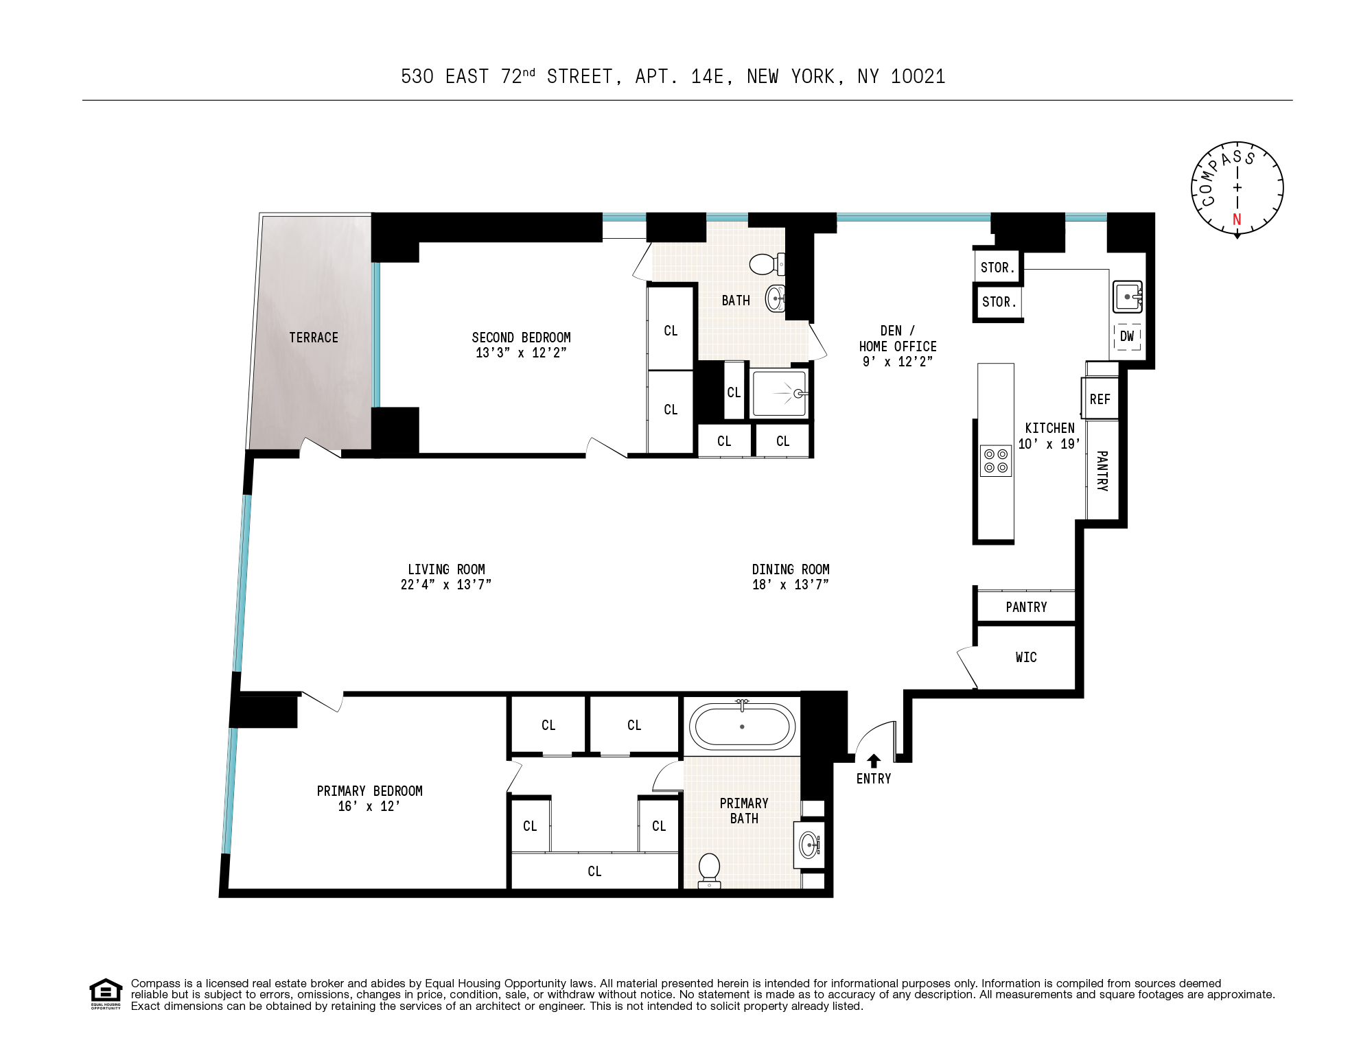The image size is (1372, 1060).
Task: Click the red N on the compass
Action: tap(1237, 220)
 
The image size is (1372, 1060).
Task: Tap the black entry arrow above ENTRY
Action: tap(874, 761)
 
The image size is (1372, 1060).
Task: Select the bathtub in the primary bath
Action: tap(742, 727)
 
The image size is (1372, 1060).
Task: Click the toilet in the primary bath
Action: tap(709, 871)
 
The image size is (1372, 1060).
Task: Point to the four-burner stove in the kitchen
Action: tap(996, 461)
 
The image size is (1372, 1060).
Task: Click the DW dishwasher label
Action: tap(1127, 336)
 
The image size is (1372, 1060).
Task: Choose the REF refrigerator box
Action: tap(1100, 399)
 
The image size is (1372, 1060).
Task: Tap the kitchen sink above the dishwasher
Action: tap(1128, 297)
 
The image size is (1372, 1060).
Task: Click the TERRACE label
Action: tap(314, 338)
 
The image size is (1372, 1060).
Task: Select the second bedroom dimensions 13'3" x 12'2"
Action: tap(521, 353)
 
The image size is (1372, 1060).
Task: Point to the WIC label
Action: tap(1026, 657)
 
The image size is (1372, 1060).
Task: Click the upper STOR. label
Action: tap(997, 268)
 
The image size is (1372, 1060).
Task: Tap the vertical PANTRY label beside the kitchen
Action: tap(1102, 471)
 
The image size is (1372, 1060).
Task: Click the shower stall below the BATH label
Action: tap(779, 393)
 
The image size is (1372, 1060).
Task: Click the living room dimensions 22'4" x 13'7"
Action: tap(446, 585)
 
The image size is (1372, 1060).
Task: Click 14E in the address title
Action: tap(707, 77)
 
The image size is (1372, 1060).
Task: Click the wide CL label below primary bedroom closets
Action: tap(594, 871)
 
